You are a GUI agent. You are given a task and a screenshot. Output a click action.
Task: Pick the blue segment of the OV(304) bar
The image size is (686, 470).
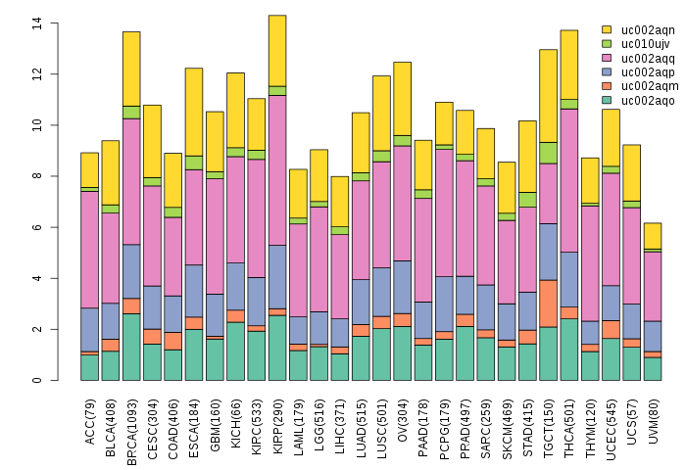pos(402,287)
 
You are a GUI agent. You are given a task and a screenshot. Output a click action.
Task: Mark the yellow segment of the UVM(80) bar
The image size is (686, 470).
pos(653,236)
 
